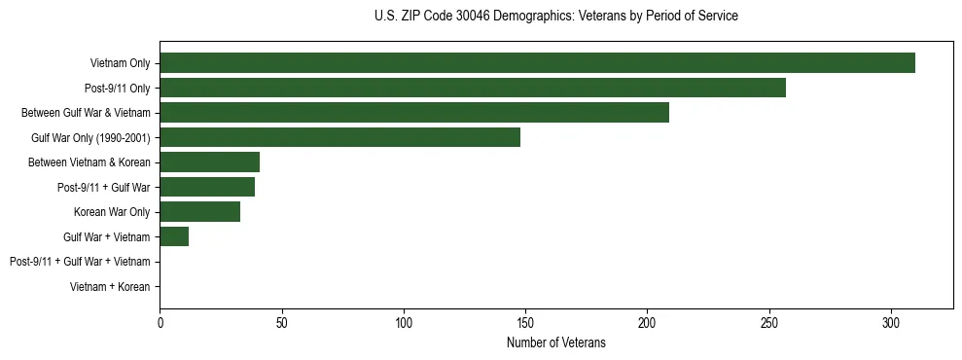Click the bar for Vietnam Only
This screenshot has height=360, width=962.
[537, 63]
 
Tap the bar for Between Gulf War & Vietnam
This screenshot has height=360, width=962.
[414, 113]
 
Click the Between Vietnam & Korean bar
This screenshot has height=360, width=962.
[209, 162]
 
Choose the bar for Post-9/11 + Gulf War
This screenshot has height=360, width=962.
[207, 187]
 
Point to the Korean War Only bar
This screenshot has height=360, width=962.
[199, 211]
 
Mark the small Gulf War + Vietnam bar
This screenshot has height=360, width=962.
[174, 236]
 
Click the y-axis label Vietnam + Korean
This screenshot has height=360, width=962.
[110, 287]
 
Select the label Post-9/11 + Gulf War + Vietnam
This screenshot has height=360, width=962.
[80, 262]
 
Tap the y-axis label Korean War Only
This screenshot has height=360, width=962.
[112, 212]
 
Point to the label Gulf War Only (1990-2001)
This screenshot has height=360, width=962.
[90, 138]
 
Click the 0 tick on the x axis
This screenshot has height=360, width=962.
[160, 321]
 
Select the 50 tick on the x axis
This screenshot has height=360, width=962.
[281, 321]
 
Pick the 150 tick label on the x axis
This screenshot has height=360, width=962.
[525, 321]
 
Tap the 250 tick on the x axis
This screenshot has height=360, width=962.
[769, 321]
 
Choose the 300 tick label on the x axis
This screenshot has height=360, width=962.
[891, 321]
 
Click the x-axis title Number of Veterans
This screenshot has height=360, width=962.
[555, 342]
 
